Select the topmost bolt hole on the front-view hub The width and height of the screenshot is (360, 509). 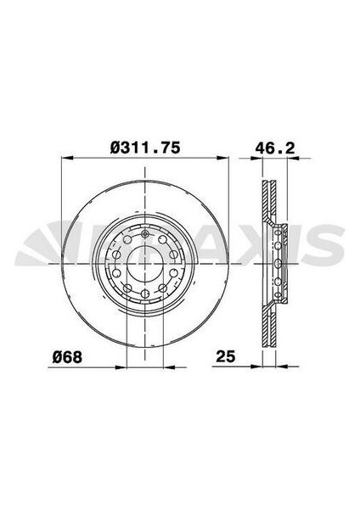click(145, 233)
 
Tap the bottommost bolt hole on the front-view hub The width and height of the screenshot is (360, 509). click(145, 294)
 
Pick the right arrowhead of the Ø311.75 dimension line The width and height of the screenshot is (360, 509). click(224, 158)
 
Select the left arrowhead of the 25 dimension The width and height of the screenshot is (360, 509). click(259, 366)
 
